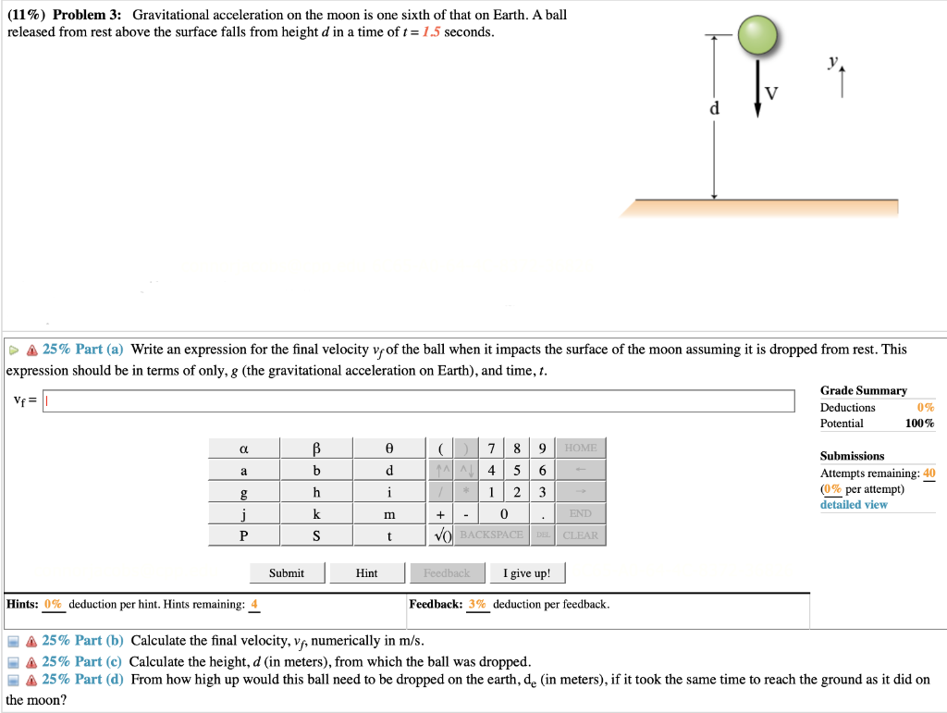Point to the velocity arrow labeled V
[x=757, y=88]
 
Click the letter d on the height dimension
[x=713, y=109]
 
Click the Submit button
[x=286, y=573]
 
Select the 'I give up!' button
[x=526, y=573]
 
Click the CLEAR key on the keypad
[x=580, y=535]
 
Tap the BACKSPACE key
[x=491, y=535]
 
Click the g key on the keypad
[x=244, y=492]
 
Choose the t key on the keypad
[x=389, y=535]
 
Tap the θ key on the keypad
[x=389, y=449]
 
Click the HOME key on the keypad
[x=580, y=449]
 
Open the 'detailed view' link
[x=853, y=505]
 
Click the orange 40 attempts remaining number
[x=929, y=473]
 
